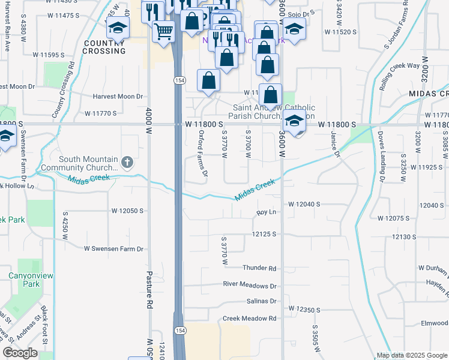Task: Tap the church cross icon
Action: pyautogui.click(x=127, y=161)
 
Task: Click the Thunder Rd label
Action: pyautogui.click(x=259, y=268)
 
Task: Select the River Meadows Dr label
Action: pyautogui.click(x=250, y=286)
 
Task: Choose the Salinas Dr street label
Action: pyautogui.click(x=261, y=301)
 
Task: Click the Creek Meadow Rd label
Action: pyautogui.click(x=249, y=319)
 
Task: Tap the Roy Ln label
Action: pyautogui.click(x=266, y=212)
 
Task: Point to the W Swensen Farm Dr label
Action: pyautogui.click(x=114, y=248)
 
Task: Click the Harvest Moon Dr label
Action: pyautogui.click(x=118, y=96)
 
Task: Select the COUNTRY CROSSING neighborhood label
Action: pyautogui.click(x=104, y=47)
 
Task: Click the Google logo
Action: pyautogui.click(x=20, y=353)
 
